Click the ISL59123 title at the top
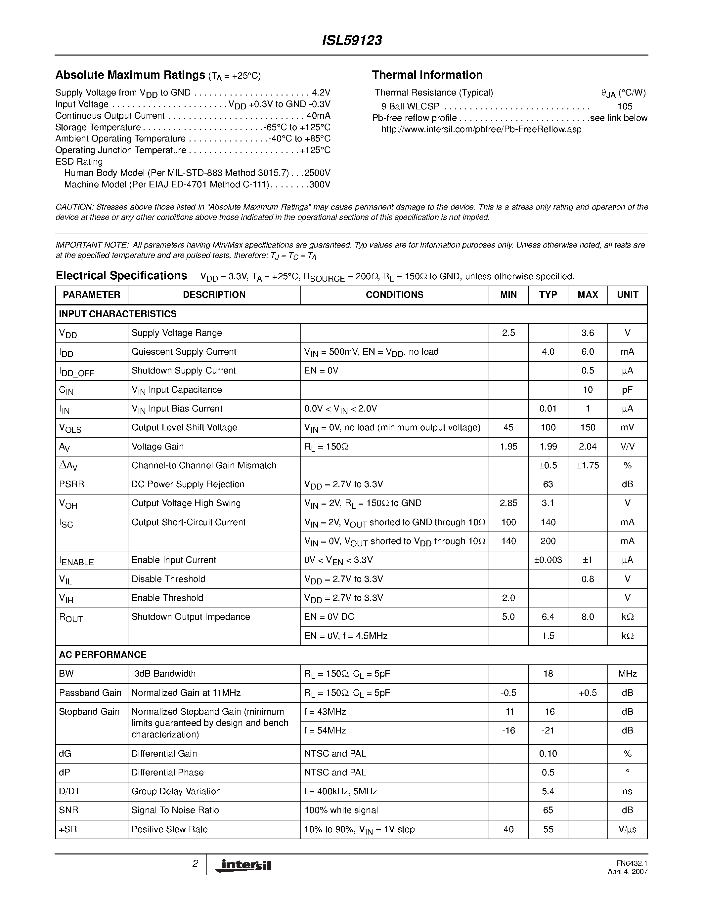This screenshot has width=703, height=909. click(x=352, y=40)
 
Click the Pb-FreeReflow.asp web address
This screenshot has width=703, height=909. click(x=481, y=130)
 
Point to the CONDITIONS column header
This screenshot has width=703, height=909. click(x=394, y=295)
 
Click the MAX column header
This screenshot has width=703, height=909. click(x=587, y=295)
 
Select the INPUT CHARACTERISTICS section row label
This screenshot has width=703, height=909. click(x=117, y=314)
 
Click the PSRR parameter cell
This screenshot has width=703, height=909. click(x=72, y=484)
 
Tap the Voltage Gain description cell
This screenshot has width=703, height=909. click(x=157, y=446)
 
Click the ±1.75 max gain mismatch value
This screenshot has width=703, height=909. click(x=587, y=465)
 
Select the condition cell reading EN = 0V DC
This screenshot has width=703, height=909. click(x=329, y=617)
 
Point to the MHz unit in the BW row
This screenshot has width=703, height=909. click(x=627, y=673)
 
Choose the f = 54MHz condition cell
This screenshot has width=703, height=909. click(x=325, y=731)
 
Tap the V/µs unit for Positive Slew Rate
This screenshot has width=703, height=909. click(x=627, y=829)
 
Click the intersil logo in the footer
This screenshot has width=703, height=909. click(x=243, y=865)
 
